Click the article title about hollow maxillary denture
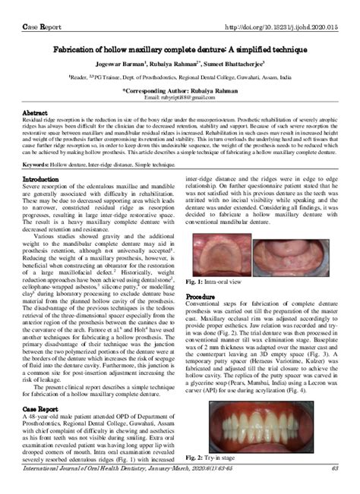(179, 47)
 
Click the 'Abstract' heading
(35, 112)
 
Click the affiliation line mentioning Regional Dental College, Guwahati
(179, 77)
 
